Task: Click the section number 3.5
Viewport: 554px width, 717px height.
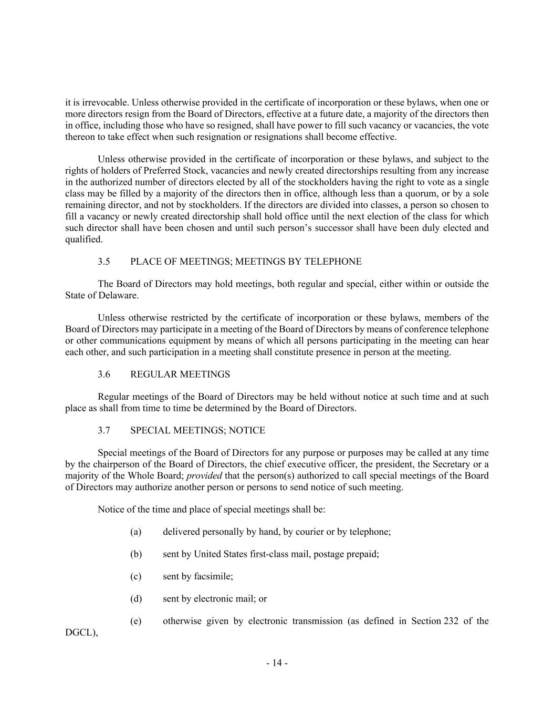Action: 104,262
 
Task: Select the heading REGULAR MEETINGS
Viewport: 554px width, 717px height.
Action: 180,375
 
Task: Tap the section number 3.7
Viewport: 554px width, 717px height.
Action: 104,431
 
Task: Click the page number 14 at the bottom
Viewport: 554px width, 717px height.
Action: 277,663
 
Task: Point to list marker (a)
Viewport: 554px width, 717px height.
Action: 136,532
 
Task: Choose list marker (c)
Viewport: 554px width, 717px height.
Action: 136,577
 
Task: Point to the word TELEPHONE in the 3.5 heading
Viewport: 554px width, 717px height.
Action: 336,262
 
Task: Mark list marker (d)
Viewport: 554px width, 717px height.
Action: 136,599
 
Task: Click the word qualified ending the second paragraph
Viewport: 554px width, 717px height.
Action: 83,240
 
